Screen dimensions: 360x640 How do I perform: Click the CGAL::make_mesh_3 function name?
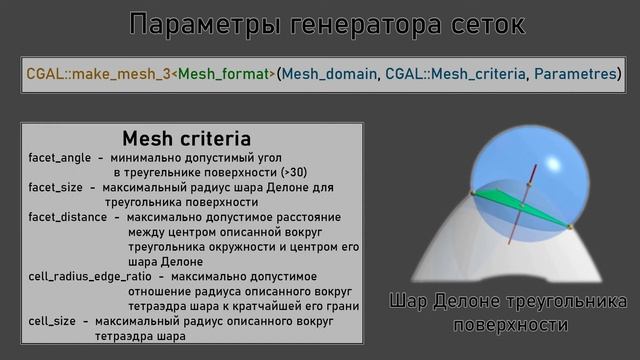click(85, 75)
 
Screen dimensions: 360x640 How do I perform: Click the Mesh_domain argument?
click(324, 75)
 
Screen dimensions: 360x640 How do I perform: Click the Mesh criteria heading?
click(186, 138)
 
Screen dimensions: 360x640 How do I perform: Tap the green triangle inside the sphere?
click(515, 208)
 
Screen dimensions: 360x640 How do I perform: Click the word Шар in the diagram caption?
click(412, 302)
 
